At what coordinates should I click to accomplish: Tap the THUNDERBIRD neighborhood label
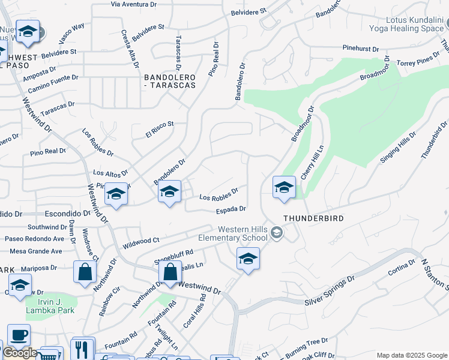coord(313,218)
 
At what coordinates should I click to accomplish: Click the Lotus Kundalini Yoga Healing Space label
coord(414,24)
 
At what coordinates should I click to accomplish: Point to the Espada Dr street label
coord(231,209)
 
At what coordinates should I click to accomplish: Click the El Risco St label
coord(160,128)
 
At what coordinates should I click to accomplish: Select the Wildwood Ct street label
coord(140,242)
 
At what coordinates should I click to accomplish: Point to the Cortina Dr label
coord(402,266)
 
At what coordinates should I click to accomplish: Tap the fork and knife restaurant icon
coord(82,349)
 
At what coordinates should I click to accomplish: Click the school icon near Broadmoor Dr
coord(284,188)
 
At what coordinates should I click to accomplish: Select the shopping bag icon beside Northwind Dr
coord(85,271)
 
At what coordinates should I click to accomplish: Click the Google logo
coord(20,353)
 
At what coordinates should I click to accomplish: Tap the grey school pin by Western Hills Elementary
coord(276,232)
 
